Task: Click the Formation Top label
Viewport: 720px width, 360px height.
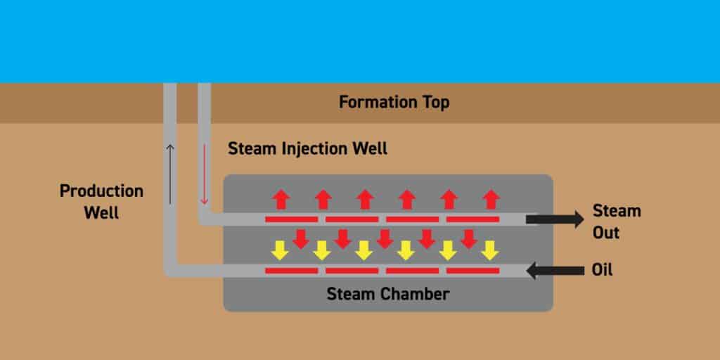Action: click(x=394, y=103)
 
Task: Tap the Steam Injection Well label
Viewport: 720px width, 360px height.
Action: click(x=308, y=149)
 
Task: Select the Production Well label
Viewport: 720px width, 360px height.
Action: click(x=101, y=201)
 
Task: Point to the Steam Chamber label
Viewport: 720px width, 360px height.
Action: click(x=387, y=294)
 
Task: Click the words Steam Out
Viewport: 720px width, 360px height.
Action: click(x=617, y=221)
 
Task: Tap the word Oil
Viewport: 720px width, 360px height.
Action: click(x=603, y=269)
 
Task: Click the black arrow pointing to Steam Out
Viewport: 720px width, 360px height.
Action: click(x=554, y=219)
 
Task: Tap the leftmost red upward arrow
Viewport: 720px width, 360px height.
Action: click(x=281, y=200)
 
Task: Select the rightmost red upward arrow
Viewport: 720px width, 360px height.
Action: click(x=492, y=200)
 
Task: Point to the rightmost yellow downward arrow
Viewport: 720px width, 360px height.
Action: click(x=490, y=249)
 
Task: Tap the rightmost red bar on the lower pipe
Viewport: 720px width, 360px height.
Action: click(x=472, y=270)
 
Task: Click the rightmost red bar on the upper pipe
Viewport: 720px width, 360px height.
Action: click(x=472, y=219)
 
